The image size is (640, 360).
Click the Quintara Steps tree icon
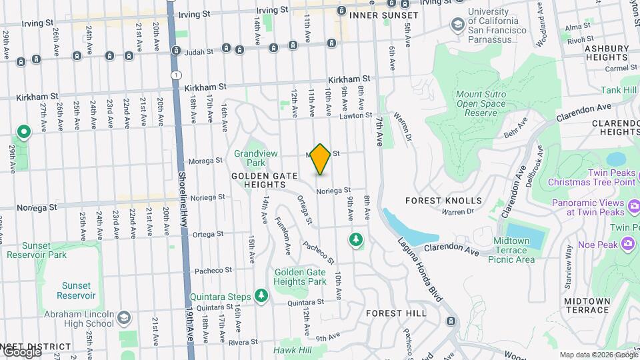tap(261, 296)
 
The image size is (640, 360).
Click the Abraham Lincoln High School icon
tap(124, 318)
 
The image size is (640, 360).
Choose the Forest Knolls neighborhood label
tap(443, 200)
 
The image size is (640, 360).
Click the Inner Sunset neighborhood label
tap(384, 15)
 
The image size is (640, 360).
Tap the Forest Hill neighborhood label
tap(396, 313)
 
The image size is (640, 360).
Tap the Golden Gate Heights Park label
tap(300, 277)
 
